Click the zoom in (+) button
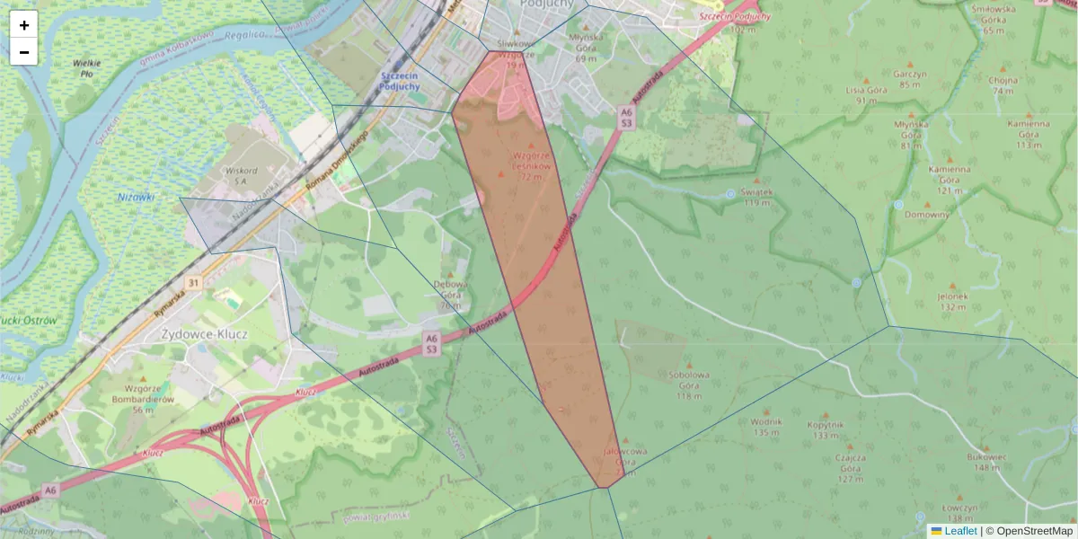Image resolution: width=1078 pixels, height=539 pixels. (x=24, y=25)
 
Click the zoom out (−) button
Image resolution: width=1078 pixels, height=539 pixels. (x=24, y=52)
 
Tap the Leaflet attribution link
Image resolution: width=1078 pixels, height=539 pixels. (x=960, y=531)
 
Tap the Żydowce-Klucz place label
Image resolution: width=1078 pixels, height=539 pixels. (x=204, y=333)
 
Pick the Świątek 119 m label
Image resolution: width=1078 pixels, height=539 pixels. (x=757, y=197)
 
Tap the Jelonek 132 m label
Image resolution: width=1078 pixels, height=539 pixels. (x=952, y=301)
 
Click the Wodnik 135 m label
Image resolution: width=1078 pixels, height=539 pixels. (x=766, y=427)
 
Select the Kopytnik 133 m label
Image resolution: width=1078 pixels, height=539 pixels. (x=825, y=429)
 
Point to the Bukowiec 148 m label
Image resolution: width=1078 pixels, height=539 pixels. (x=985, y=462)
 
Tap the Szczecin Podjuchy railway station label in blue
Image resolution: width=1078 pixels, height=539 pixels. (x=400, y=81)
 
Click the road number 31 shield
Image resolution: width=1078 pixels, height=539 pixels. (x=192, y=282)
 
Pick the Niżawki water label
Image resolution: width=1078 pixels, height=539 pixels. (x=136, y=197)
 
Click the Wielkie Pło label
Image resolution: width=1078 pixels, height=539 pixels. (x=87, y=68)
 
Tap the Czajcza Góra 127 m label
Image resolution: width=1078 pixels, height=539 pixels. (x=851, y=467)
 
